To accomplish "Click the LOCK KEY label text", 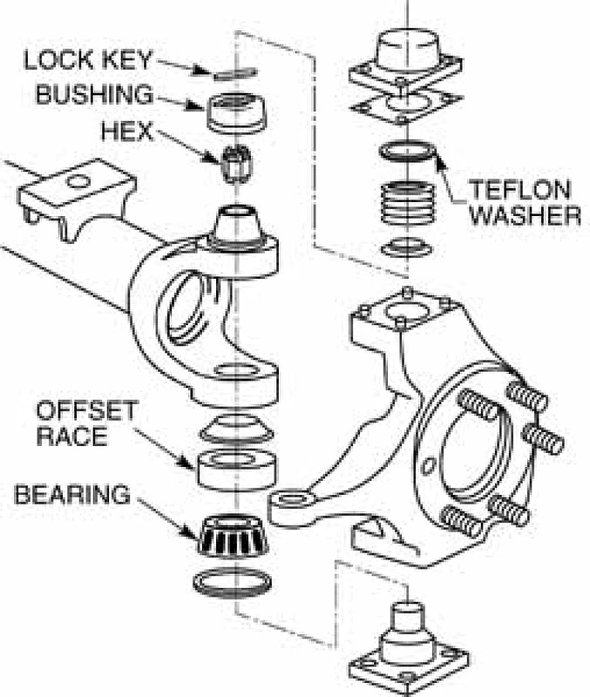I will coord(87,60).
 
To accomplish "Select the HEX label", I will coord(127,132).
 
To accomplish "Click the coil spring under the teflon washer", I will coord(407,206).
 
